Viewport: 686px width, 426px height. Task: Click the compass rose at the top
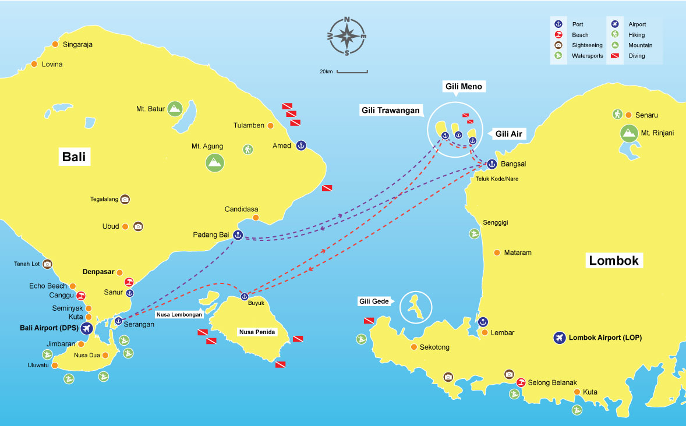click(x=347, y=36)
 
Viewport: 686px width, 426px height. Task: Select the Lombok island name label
click(x=614, y=260)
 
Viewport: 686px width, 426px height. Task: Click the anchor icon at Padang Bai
click(x=237, y=235)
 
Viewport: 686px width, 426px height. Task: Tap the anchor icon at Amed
click(x=300, y=145)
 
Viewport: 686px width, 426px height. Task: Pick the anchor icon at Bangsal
click(x=491, y=164)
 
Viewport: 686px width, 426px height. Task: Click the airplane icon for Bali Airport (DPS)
click(x=87, y=328)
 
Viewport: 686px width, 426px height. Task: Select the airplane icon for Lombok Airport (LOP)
click(x=559, y=338)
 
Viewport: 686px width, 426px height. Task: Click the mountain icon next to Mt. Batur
click(x=174, y=108)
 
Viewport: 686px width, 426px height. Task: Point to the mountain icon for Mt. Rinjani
click(x=628, y=133)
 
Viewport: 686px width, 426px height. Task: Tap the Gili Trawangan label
click(x=390, y=111)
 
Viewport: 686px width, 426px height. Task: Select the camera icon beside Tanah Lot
click(x=48, y=264)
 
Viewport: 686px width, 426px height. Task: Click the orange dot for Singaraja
click(x=55, y=44)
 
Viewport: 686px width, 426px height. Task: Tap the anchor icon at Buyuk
click(x=245, y=297)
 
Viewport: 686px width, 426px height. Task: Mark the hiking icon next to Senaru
click(x=617, y=115)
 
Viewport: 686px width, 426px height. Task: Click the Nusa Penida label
click(x=257, y=332)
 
